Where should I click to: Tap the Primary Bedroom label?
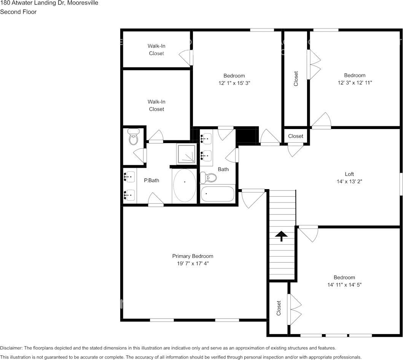[x=193, y=256]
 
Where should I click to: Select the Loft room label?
[x=349, y=174]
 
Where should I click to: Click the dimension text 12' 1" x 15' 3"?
[x=234, y=83]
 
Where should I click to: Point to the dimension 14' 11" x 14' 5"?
[x=344, y=285]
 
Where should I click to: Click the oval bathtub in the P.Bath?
[x=185, y=185]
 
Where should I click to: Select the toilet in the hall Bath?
[x=209, y=177]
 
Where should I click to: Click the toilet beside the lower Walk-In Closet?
[x=133, y=137]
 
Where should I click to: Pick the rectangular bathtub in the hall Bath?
[x=217, y=194]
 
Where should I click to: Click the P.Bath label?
[x=151, y=180]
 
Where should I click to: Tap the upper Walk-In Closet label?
[x=156, y=49]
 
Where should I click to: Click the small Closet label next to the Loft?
[x=295, y=136]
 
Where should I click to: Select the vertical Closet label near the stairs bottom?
[x=279, y=308]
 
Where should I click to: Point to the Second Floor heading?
[x=18, y=12]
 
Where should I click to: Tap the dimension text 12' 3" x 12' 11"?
[x=355, y=83]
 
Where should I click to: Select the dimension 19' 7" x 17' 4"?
[x=193, y=263]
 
